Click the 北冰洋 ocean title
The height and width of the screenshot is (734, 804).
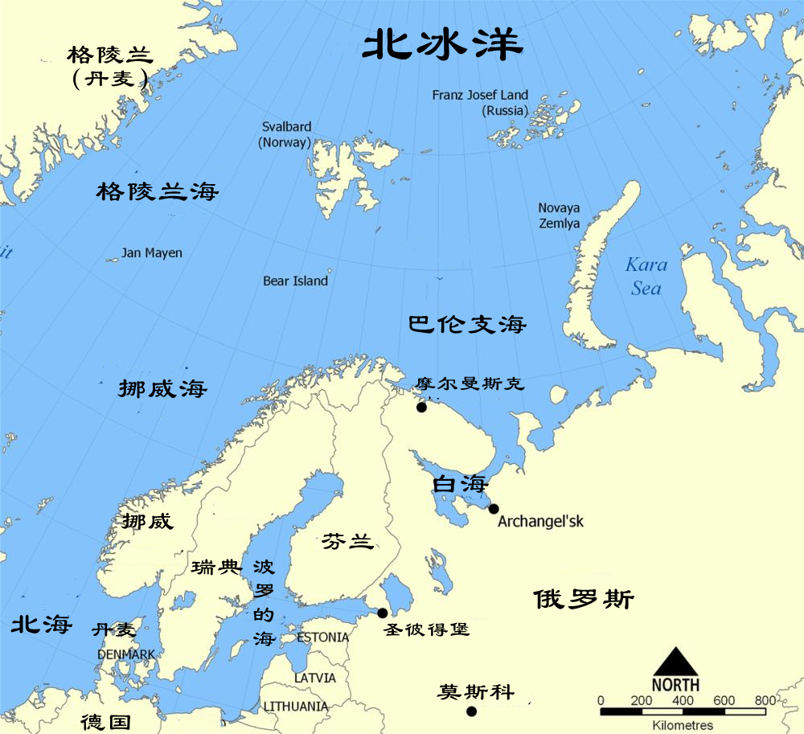point(442,46)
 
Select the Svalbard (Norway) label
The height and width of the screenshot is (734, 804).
point(286,135)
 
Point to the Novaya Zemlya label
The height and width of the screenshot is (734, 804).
point(559,215)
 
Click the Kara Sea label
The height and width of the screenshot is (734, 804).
point(646,276)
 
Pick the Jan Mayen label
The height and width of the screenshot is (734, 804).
point(152,253)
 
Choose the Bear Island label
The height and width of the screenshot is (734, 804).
point(295,281)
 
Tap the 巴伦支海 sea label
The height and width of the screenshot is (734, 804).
point(467,325)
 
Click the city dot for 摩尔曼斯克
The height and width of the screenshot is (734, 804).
point(421,408)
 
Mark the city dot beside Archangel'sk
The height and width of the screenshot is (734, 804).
point(494,508)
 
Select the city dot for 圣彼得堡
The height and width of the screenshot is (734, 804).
point(383,613)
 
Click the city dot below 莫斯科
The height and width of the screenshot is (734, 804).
point(471,711)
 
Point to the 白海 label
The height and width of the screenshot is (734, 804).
point(460,485)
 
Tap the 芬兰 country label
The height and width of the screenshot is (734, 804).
point(347,542)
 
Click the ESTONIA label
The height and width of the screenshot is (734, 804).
point(323,638)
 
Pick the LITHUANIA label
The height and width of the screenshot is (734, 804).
point(296,707)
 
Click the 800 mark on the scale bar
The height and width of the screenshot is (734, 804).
point(765,700)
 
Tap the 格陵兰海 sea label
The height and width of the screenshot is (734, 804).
point(158,192)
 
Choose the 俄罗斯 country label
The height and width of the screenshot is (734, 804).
point(583,600)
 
